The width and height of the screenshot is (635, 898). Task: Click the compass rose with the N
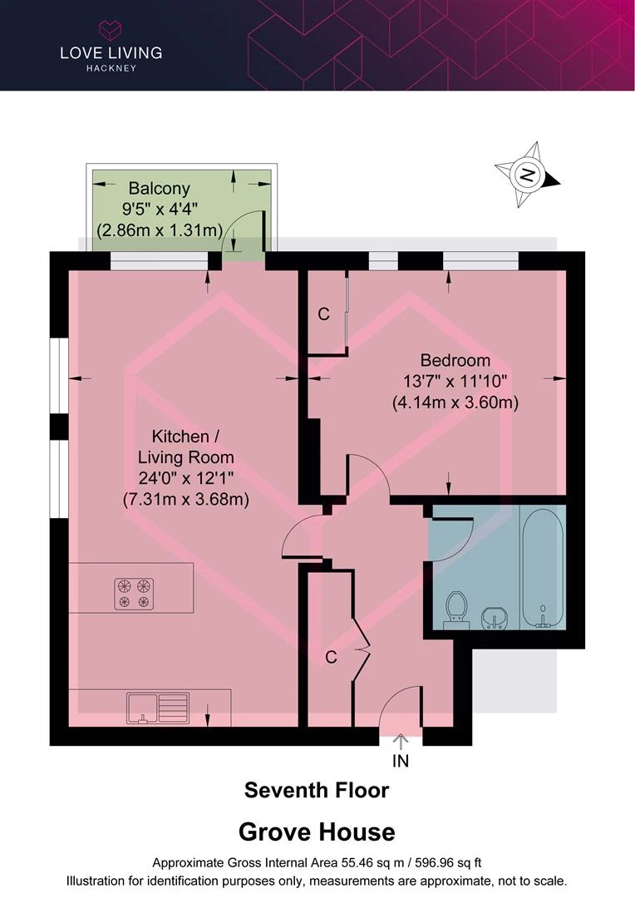click(527, 175)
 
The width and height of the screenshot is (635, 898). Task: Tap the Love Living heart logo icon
click(111, 30)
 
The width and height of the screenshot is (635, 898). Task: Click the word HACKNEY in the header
click(111, 68)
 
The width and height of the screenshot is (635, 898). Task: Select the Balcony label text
click(160, 188)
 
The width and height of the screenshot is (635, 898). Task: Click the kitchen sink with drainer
click(158, 708)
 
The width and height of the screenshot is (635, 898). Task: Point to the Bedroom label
click(455, 360)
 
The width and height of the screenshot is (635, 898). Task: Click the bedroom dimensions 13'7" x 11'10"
click(455, 381)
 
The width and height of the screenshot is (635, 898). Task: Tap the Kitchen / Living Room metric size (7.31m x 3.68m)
click(186, 500)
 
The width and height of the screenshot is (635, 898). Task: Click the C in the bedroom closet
click(323, 313)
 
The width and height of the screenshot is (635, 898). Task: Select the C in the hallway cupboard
click(331, 657)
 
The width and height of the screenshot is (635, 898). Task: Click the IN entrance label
click(401, 761)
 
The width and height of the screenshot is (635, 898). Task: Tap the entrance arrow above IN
click(401, 741)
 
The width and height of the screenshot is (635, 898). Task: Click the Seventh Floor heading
click(317, 791)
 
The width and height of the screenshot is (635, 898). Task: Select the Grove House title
click(317, 832)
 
